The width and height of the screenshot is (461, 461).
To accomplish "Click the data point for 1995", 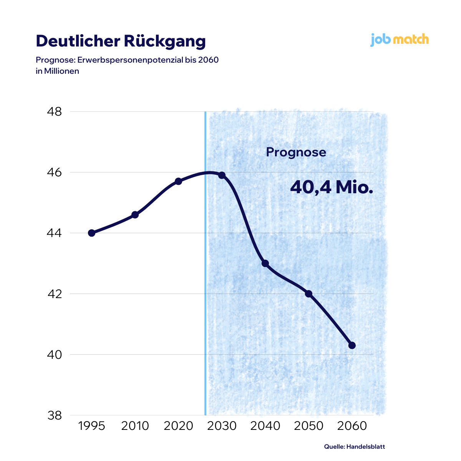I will [x=91, y=233].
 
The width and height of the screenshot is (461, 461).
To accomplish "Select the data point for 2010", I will [x=135, y=215].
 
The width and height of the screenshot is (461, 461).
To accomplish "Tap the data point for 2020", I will [x=178, y=181].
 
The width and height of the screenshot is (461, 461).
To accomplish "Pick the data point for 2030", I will [x=222, y=175].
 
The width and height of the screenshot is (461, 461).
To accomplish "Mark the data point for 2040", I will [x=265, y=263].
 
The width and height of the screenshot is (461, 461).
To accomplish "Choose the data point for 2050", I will [x=308, y=294].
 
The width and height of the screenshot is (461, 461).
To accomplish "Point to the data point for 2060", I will [x=352, y=345].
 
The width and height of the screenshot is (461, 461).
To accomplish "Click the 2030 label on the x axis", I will [x=222, y=426].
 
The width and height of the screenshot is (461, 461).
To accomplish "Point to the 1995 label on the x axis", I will [x=91, y=426].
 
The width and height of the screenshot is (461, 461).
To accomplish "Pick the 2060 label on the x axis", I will [x=352, y=426].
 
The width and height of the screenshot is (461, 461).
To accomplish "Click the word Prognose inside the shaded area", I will [x=296, y=153].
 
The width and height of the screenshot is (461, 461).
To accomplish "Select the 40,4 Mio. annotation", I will [x=332, y=187].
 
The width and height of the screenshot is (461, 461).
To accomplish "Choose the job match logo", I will [x=400, y=40].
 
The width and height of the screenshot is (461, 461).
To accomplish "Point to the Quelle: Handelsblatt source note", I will [x=354, y=446].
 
